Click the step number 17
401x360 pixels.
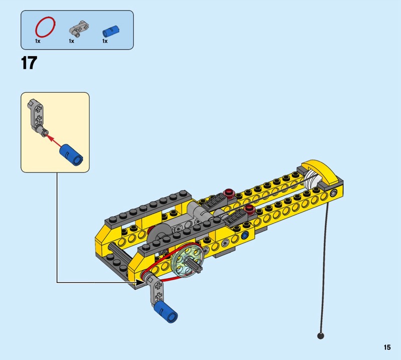point(29,63)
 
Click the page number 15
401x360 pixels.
point(387,347)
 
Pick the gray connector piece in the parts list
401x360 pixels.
point(79,28)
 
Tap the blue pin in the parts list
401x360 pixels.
point(111,31)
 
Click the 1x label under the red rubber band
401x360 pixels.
point(38,41)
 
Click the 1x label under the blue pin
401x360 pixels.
point(105,41)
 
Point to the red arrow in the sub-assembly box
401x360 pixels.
point(54,140)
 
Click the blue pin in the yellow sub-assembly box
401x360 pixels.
point(71,154)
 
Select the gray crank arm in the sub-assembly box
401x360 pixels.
point(37,116)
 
